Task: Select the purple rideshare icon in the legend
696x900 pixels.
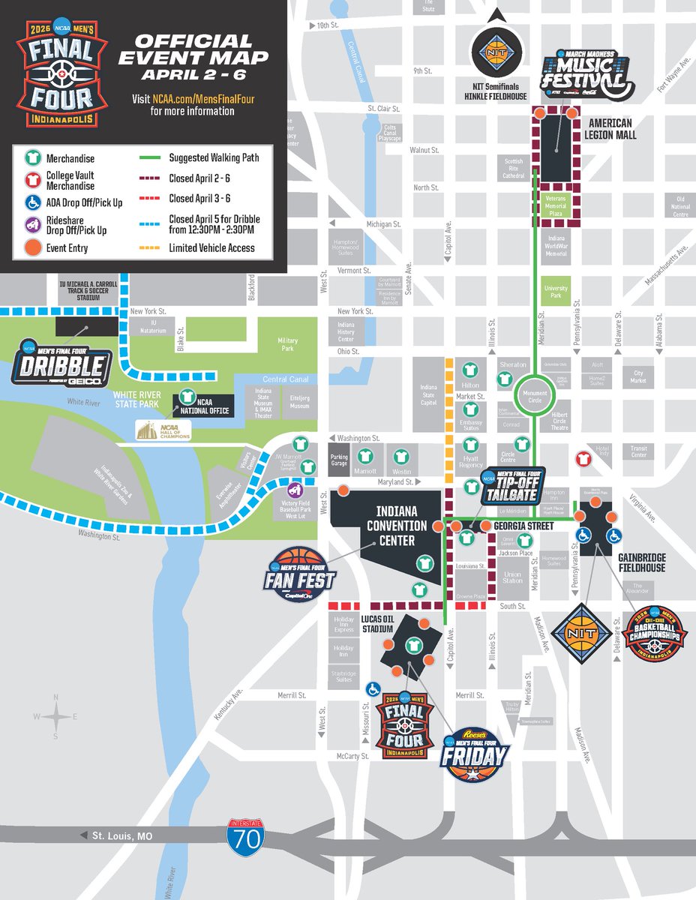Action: (x=33, y=224)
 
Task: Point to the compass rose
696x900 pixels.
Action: (x=57, y=717)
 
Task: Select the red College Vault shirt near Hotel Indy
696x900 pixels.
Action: (x=581, y=458)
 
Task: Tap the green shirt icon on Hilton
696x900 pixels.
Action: (x=469, y=370)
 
